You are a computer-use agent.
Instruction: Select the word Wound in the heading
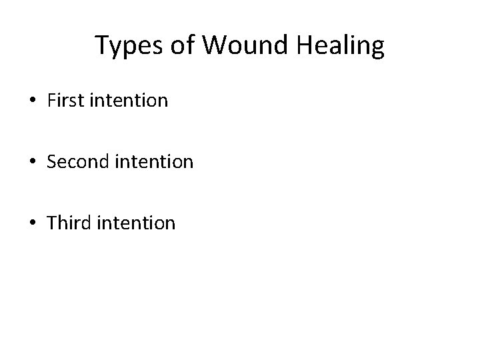[x=236, y=46]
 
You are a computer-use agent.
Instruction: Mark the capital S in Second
[x=52, y=161]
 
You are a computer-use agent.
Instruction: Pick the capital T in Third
[x=52, y=222]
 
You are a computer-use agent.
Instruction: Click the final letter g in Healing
[x=377, y=49]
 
